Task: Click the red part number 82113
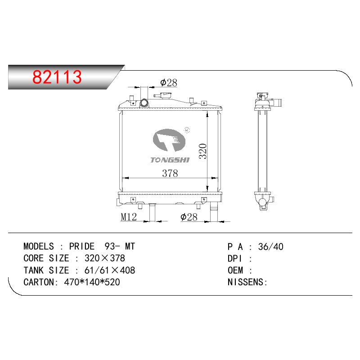57,76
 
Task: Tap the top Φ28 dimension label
169,83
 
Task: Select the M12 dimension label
129,217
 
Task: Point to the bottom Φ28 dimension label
189,217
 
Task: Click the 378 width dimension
170,173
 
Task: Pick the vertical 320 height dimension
203,151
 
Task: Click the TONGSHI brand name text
170,160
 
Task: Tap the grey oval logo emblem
169,140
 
